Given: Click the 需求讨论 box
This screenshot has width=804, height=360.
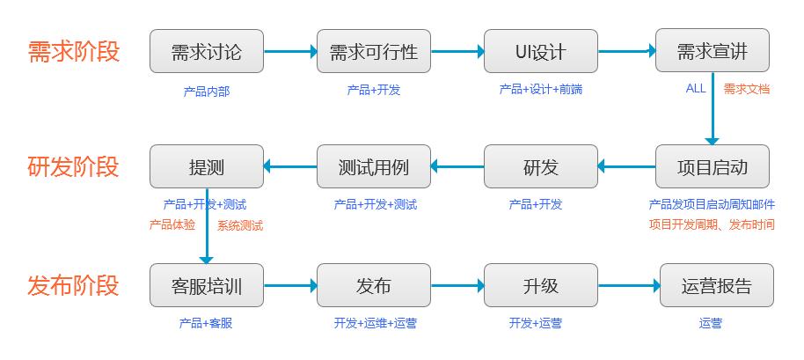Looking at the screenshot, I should pyautogui.click(x=206, y=52).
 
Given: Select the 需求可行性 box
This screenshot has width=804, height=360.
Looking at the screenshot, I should pyautogui.click(x=373, y=52).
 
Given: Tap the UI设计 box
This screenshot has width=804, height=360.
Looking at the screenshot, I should pyautogui.click(x=540, y=52).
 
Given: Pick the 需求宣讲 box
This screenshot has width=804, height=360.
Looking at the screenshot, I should pyautogui.click(x=712, y=52).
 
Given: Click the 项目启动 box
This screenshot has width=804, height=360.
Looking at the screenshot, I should pyautogui.click(x=712, y=166).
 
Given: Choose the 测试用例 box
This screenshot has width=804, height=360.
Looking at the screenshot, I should pyautogui.click(x=373, y=166).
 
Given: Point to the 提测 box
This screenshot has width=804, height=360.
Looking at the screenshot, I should pyautogui.click(x=206, y=166).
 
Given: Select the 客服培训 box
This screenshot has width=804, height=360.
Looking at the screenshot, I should pyautogui.click(x=206, y=285).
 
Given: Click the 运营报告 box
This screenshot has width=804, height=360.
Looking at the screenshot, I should pyautogui.click(x=716, y=285).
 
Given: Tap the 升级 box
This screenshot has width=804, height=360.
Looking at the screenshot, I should pyautogui.click(x=540, y=285).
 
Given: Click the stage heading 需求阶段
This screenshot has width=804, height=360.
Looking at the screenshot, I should pyautogui.click(x=74, y=51).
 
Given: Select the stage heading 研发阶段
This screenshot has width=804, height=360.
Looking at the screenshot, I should pyautogui.click(x=74, y=166).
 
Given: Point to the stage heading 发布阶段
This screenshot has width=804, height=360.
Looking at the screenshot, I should pyautogui.click(x=74, y=285).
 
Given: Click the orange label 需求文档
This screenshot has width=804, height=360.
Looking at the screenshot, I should pyautogui.click(x=747, y=89).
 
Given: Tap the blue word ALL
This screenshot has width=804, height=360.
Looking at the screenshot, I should pyautogui.click(x=696, y=88).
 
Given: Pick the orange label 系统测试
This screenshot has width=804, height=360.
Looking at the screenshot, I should pyautogui.click(x=240, y=225).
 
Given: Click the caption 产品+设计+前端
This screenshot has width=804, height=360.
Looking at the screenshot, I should pyautogui.click(x=540, y=90).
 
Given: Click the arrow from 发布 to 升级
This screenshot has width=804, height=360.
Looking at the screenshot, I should pyautogui.click(x=457, y=285).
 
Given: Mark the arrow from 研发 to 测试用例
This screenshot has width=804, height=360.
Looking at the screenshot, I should pyautogui.click(x=457, y=166).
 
